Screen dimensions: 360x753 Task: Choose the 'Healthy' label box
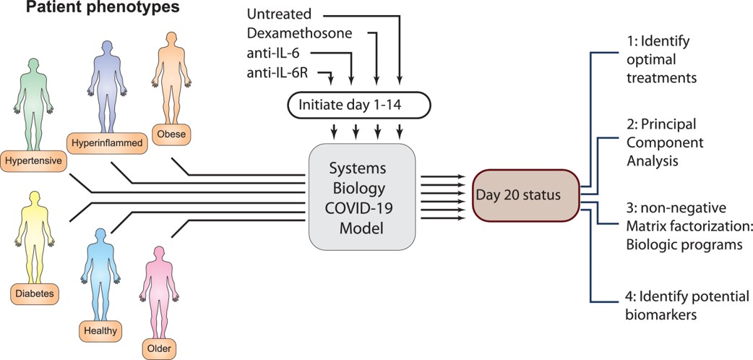pyautogui.click(x=100, y=331)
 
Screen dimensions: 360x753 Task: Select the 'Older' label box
pyautogui.click(x=159, y=349)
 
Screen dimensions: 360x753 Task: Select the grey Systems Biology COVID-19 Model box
pyautogui.click(x=361, y=194)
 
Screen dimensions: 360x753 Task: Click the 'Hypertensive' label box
pyautogui.click(x=33, y=158)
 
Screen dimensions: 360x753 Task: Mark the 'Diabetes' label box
pyautogui.click(x=33, y=293)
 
